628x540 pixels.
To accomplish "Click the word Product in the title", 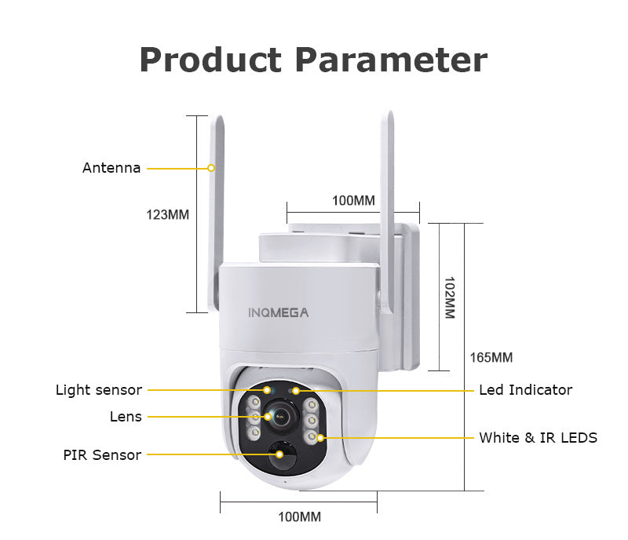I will pos(210,60).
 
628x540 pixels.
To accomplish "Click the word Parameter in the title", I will pos(390,60).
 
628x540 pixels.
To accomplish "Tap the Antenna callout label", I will pos(111,168).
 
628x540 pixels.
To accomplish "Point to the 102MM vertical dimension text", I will pos(450,297).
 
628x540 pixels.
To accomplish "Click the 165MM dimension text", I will pos(491,358).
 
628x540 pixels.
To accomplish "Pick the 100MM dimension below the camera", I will pos(299,516).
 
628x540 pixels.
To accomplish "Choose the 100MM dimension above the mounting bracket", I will pos(353,200).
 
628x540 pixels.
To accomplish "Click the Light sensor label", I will pos(99,390).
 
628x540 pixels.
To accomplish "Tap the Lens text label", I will pos(126,417).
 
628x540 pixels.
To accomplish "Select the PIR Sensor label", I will pos(102,454).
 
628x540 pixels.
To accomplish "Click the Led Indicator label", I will pos(525,390).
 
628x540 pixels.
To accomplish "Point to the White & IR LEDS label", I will pos(538,437).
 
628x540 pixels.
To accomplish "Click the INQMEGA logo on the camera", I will pos(279,312).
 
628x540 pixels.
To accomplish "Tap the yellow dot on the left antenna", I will pos(211,168).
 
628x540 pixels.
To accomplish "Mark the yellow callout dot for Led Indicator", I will pos(296,390).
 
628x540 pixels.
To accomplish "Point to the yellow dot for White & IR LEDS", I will pos(320,437).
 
